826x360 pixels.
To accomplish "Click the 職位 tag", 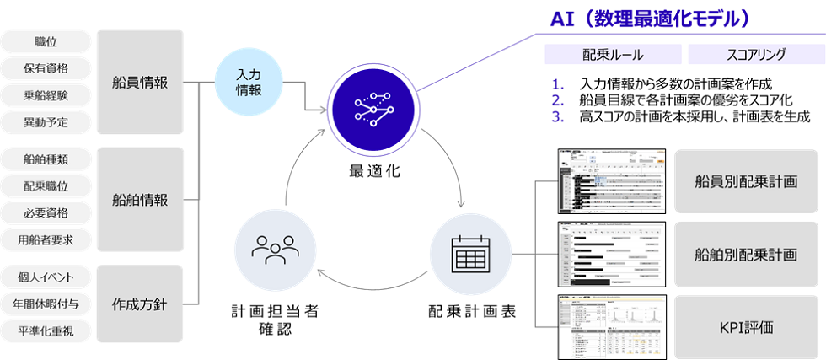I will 46,41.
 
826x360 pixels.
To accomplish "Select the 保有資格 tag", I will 46,68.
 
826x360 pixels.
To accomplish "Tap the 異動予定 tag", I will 46,122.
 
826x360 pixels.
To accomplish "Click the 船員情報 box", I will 140,82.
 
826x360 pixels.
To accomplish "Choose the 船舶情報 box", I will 140,200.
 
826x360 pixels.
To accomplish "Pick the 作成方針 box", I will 140,304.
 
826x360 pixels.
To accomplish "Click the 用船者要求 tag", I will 46,240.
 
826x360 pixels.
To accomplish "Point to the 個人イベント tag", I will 46,277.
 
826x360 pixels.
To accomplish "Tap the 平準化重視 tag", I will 46,331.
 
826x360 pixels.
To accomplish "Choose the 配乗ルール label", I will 613,55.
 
